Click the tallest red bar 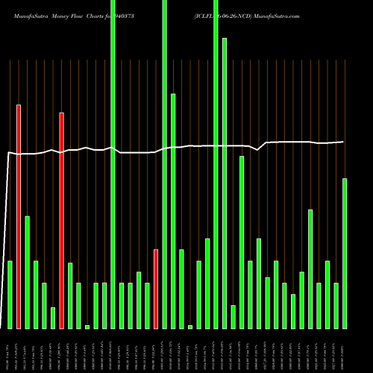point(19,216)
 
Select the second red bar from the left point(62,220)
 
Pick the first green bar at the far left point(10,295)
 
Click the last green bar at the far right point(345,254)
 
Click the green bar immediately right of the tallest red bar point(28,272)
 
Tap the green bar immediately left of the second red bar point(53,318)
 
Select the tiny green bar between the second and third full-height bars point(190,327)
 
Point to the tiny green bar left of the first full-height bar point(87,327)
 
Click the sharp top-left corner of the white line point(8,153)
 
